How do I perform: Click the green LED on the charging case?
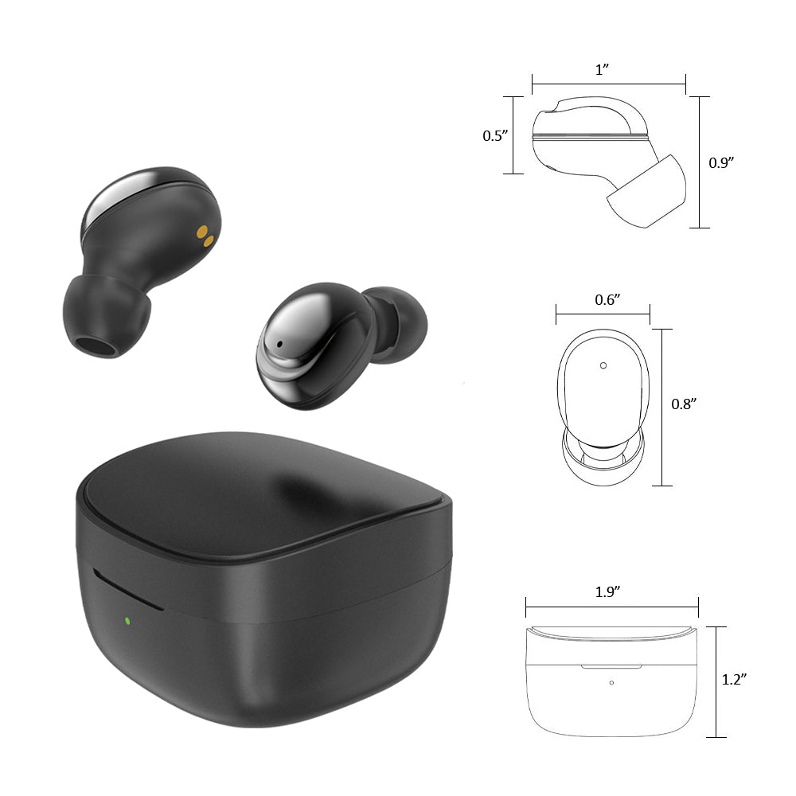(x=127, y=620)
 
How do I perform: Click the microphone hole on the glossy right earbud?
(x=279, y=344)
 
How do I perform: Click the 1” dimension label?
(x=602, y=69)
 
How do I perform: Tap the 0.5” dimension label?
(x=495, y=136)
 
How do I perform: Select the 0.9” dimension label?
(x=721, y=162)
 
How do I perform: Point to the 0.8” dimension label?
(x=685, y=404)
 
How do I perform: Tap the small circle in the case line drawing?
(x=611, y=682)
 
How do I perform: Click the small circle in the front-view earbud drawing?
(x=603, y=365)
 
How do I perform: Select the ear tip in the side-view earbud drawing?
(x=646, y=191)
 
